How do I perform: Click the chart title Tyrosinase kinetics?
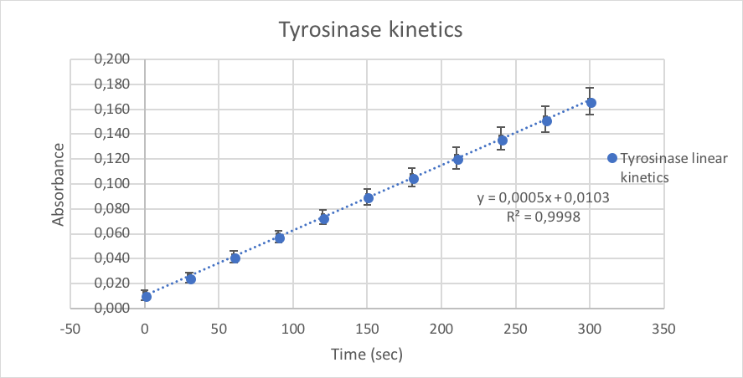[x=371, y=31]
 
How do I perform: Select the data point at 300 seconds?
[x=591, y=102]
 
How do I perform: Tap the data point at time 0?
[x=146, y=296]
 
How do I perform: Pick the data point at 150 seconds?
[x=368, y=198]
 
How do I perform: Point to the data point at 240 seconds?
[x=502, y=140]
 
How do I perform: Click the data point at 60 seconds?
[x=235, y=258]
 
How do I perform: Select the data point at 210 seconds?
[x=457, y=159]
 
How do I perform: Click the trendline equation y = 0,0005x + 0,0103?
[x=543, y=198]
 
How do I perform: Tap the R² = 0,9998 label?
[x=543, y=217]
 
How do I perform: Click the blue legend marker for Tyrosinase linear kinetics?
[x=611, y=159]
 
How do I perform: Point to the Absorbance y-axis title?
[x=59, y=184]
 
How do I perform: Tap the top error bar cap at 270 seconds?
[x=546, y=106]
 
